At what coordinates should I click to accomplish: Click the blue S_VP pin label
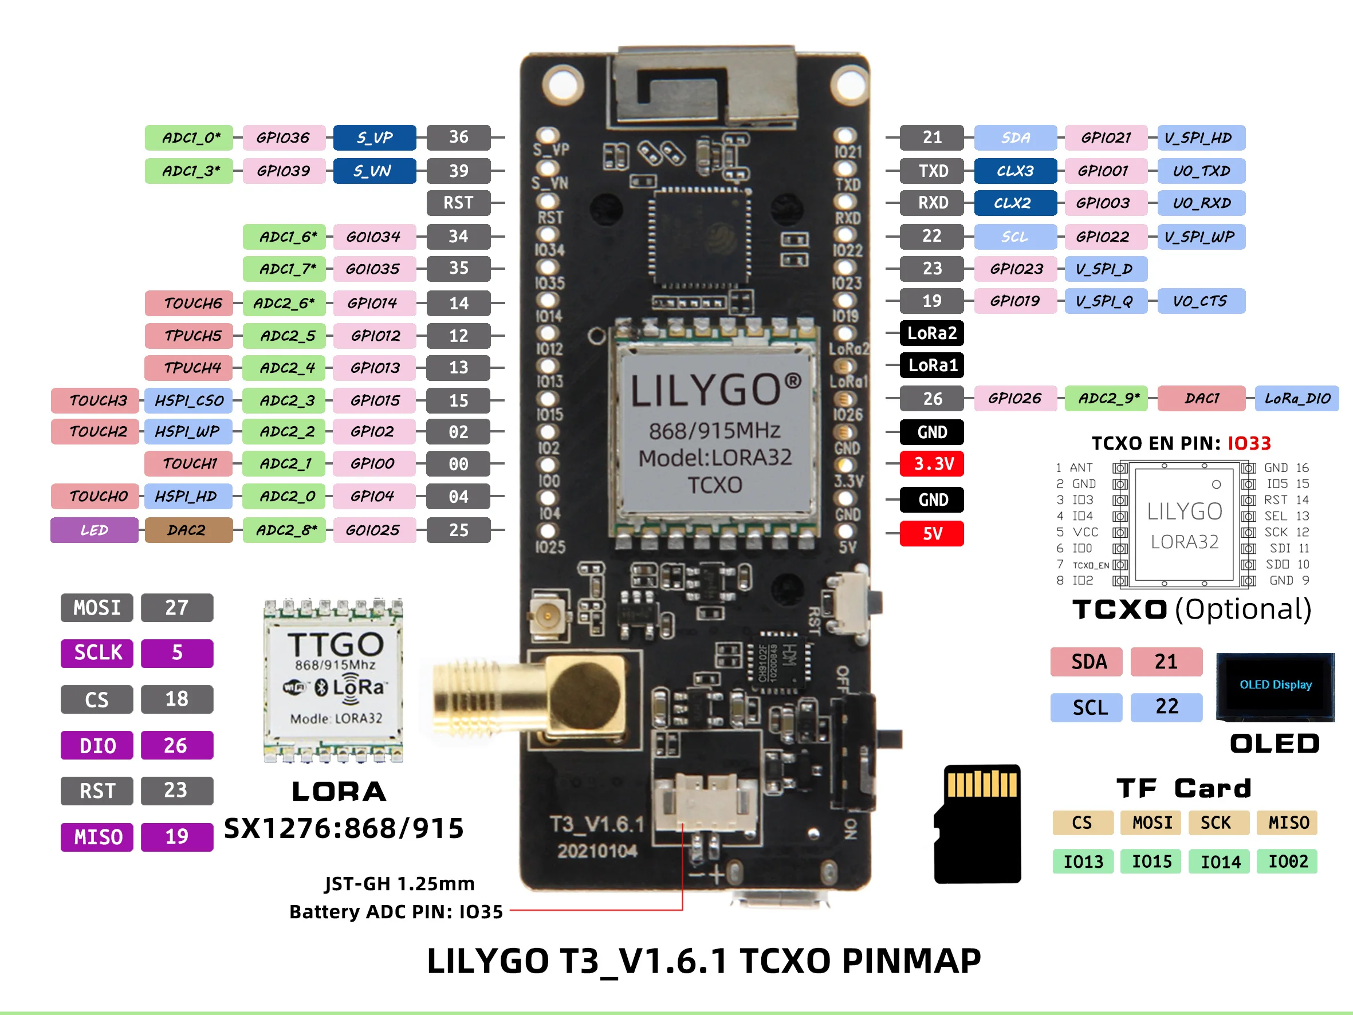click(375, 137)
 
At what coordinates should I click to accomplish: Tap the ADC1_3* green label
click(189, 171)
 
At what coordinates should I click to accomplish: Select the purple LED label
click(94, 530)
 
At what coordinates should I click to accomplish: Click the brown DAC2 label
click(188, 530)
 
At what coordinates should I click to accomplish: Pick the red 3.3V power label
click(931, 464)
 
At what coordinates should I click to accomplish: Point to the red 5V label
click(931, 533)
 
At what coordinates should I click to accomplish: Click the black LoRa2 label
click(931, 333)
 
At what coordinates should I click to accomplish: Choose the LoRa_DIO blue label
click(1297, 399)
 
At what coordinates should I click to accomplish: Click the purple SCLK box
click(97, 653)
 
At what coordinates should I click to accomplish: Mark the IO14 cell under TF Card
click(1220, 861)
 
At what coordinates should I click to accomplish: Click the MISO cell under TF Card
click(1288, 823)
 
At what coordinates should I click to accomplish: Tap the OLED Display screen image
click(1275, 686)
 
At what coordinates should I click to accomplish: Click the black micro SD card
click(977, 824)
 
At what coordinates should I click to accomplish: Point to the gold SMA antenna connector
click(530, 698)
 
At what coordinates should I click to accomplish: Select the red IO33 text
click(1249, 443)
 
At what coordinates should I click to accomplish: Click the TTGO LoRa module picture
click(333, 680)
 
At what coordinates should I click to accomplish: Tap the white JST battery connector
click(705, 801)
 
